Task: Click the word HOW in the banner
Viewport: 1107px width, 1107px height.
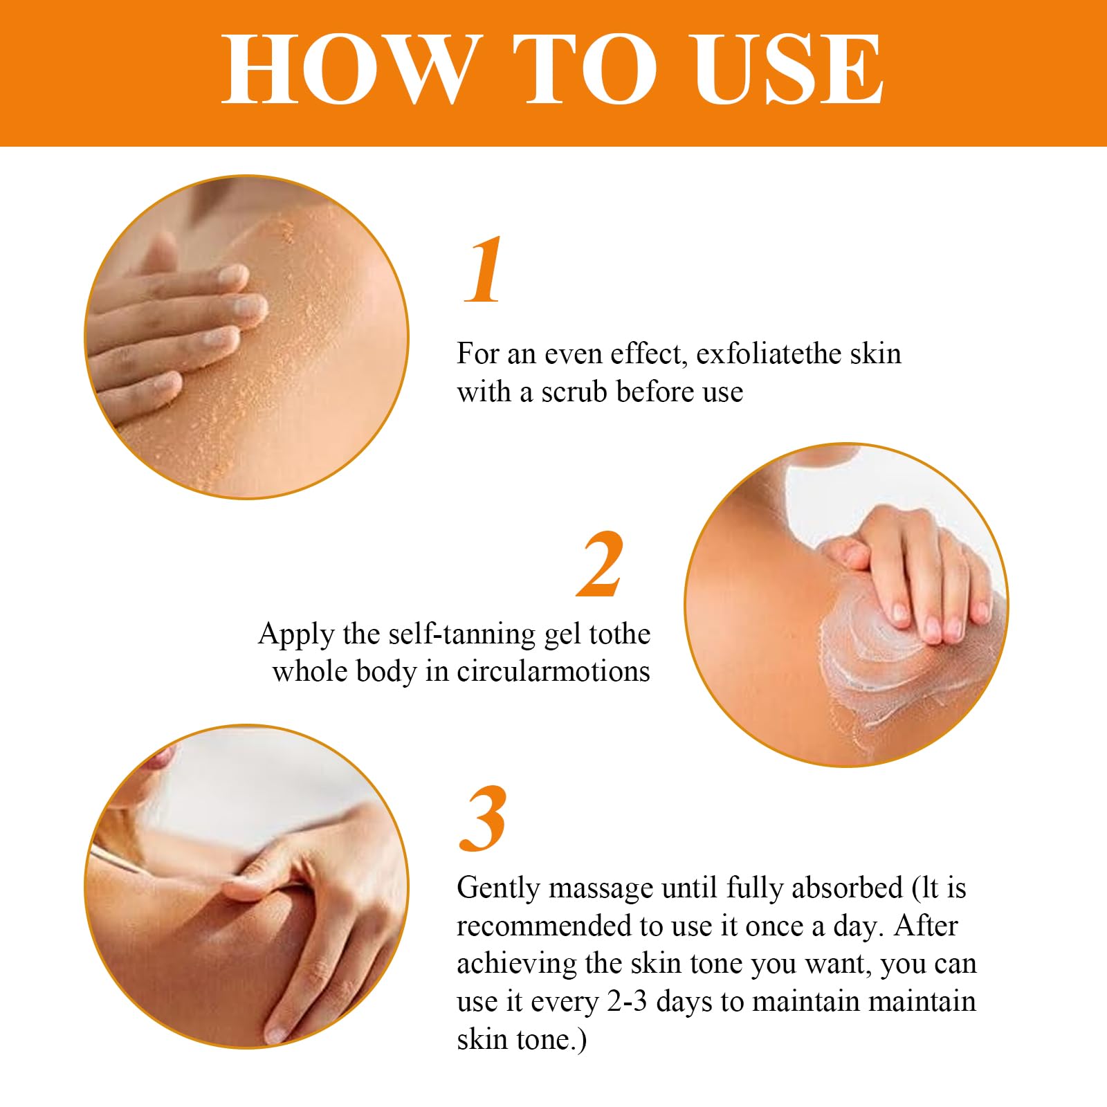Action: (x=352, y=70)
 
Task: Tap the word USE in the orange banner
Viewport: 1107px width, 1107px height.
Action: (x=789, y=70)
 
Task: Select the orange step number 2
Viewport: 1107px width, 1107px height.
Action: (x=601, y=564)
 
